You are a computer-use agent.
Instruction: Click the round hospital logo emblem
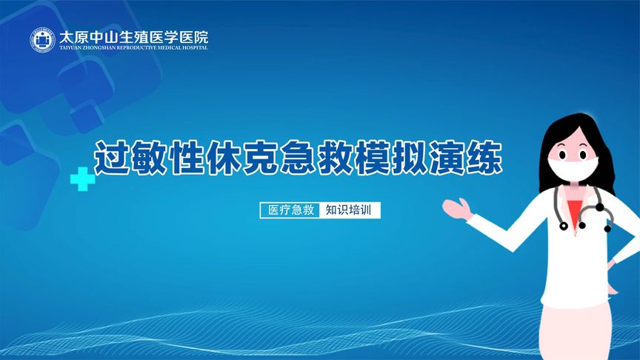43,40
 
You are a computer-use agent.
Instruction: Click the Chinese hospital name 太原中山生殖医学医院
133,35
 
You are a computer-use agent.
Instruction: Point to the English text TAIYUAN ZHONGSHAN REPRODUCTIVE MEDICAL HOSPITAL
133,47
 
